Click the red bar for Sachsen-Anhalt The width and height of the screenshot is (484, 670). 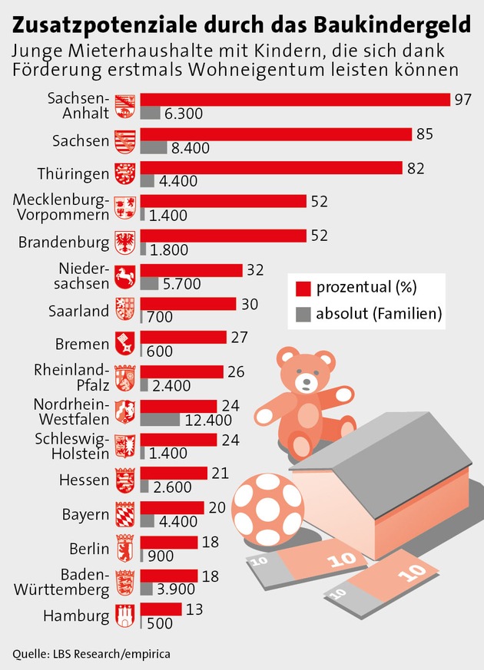coord(295,100)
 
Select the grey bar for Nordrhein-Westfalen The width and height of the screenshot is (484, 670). coord(159,420)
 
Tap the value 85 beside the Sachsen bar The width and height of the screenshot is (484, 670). coord(425,134)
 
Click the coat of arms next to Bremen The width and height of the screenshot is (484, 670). coord(124,343)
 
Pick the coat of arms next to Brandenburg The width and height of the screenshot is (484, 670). coord(124,243)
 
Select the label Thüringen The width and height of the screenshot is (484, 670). coord(73,173)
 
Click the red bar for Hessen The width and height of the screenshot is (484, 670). coord(174,473)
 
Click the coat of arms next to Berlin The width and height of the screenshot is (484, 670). coord(124,547)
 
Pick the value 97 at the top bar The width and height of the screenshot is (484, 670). coord(462,100)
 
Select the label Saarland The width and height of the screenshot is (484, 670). coord(79,311)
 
